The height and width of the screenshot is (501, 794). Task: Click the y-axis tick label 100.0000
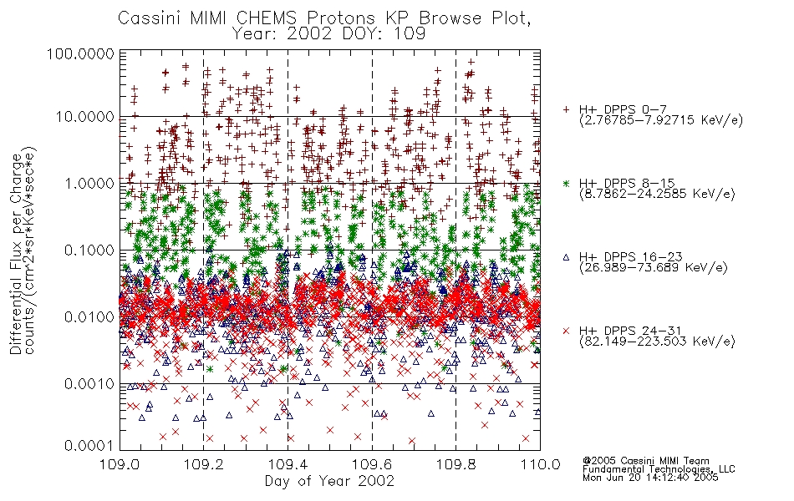[80, 53]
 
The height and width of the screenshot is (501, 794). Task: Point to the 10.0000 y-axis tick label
[84, 117]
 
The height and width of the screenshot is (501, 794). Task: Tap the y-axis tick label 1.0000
[89, 183]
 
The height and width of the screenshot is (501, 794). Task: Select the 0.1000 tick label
[89, 250]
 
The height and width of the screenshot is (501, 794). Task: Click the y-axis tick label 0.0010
[89, 383]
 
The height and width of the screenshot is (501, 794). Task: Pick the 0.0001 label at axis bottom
[89, 445]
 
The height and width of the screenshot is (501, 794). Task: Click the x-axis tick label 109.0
[120, 464]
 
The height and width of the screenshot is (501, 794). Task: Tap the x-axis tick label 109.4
[288, 464]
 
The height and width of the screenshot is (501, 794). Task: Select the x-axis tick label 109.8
[456, 464]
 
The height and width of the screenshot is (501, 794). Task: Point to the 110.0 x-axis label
[540, 464]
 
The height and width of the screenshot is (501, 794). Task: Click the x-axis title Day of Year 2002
[329, 481]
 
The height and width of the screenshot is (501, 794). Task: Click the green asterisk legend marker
[566, 183]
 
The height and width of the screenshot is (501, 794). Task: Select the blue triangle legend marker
[566, 257]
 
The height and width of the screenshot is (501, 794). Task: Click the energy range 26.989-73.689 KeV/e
[654, 267]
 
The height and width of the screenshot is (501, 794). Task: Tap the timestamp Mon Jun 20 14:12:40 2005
[650, 478]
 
